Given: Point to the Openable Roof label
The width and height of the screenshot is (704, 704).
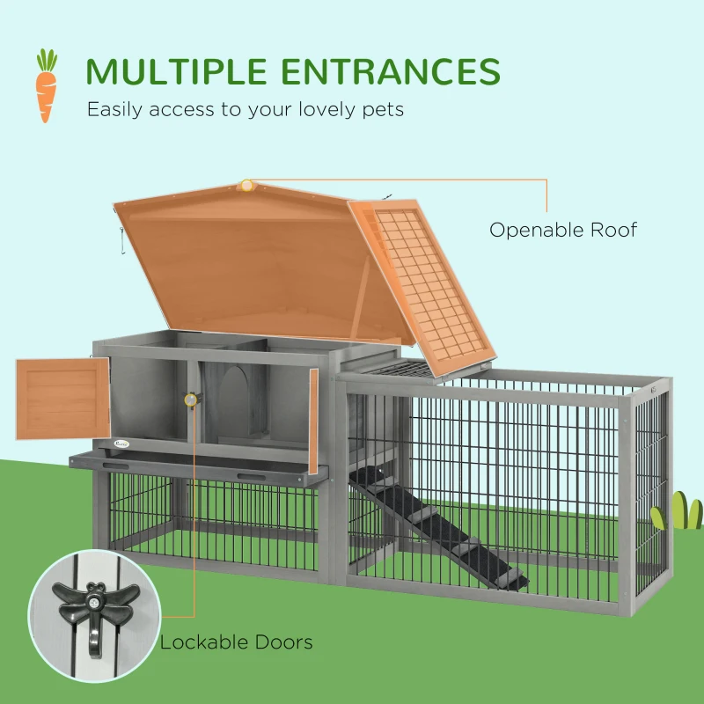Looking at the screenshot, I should click(563, 231).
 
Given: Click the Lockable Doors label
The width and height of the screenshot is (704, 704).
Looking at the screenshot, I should click(236, 642).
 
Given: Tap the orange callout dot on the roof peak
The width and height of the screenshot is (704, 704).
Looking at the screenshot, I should click(247, 186).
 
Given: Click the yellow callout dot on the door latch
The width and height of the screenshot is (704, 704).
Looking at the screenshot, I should click(189, 400).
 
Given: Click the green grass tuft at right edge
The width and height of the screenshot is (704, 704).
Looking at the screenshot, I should click(679, 512).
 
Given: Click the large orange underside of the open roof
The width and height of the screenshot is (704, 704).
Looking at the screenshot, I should click(255, 264).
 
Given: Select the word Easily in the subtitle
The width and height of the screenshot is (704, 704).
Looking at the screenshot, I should click(114, 110).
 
